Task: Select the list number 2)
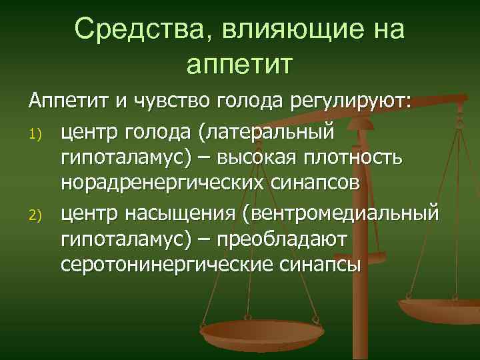point(36,215)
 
